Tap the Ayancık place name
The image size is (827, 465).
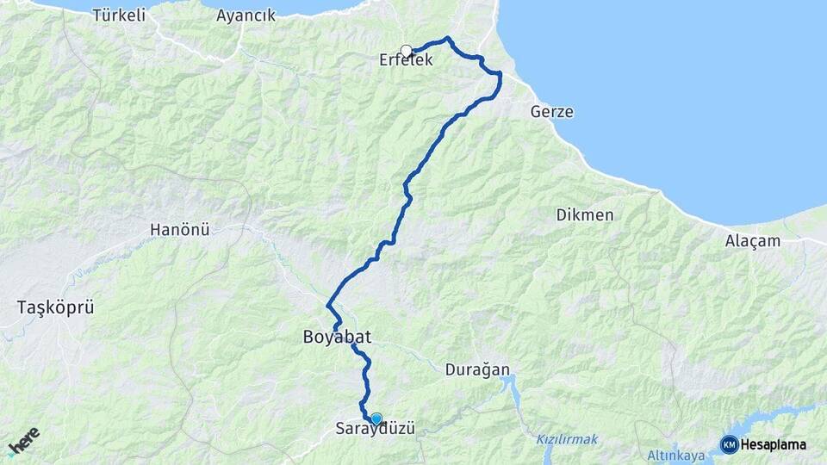[246, 15]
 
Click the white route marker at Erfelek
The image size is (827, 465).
[407, 51]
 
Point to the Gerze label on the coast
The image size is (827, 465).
[552, 112]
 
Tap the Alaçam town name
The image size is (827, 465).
[752, 241]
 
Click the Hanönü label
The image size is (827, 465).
[180, 230]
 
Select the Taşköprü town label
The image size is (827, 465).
[55, 307]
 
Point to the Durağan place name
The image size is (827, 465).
[477, 370]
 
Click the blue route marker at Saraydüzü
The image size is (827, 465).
[376, 418]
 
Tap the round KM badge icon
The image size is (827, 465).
[729, 444]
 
